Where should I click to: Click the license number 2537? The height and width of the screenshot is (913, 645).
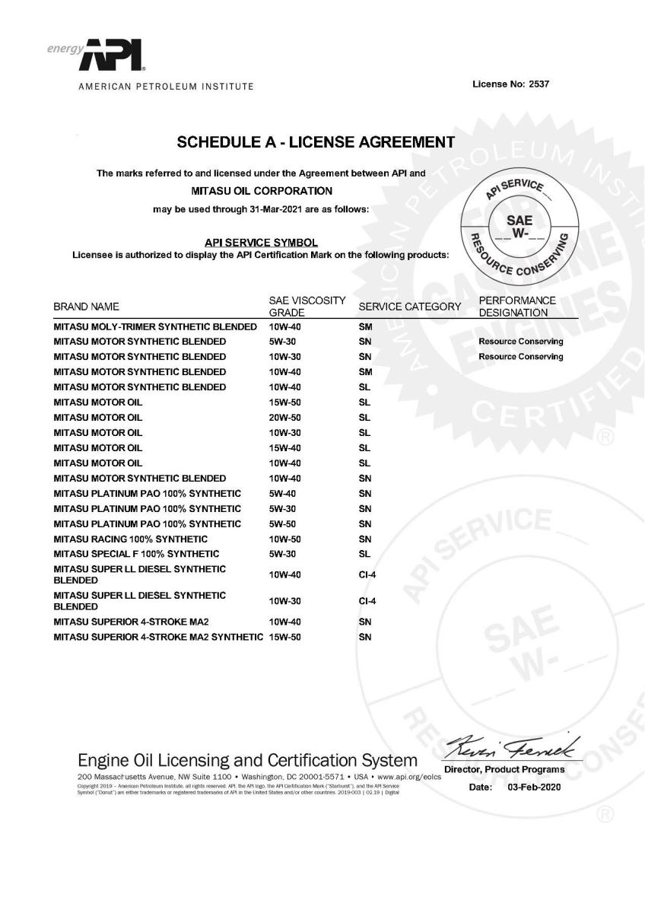point(538,84)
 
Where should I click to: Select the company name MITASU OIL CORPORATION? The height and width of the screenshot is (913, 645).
point(259,190)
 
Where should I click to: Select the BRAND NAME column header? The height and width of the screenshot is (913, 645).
point(86,307)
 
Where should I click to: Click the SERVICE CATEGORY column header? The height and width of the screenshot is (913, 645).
point(410,307)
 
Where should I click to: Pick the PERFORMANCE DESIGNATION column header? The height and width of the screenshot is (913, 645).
point(517,307)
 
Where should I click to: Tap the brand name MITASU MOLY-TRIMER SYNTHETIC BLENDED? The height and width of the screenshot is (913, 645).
point(155,326)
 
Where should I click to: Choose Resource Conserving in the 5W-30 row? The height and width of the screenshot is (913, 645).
point(521,342)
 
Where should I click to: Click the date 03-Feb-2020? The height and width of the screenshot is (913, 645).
point(533,787)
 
